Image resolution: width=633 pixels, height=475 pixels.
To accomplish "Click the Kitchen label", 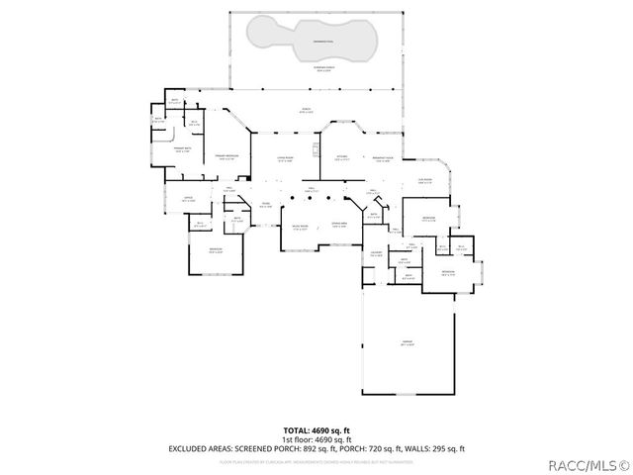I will tap(342, 158).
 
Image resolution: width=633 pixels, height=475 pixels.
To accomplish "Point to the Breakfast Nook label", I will tap(383, 158).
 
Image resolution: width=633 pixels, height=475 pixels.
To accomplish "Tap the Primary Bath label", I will tap(181, 150).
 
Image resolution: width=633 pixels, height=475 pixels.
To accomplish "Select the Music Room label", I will tap(300, 227).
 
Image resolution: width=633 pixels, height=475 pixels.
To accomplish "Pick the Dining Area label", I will tap(338, 227).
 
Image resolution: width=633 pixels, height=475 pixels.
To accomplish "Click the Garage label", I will tap(407, 342).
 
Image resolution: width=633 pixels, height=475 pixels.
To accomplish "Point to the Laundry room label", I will tap(376, 254).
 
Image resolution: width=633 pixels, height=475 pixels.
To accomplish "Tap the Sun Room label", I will tap(424, 181).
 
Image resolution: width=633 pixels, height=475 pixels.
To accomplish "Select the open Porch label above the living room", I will tap(306, 111).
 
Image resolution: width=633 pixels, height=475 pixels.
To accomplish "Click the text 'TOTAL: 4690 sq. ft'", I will tap(316, 429).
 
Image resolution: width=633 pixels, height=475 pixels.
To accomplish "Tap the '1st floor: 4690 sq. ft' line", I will tap(316, 438).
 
